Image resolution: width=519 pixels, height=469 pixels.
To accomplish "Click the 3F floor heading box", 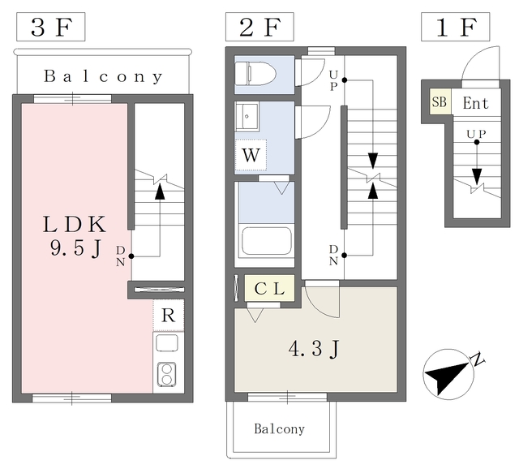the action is click(50, 27).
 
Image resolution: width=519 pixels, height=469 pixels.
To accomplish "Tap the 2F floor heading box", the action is click(259, 27).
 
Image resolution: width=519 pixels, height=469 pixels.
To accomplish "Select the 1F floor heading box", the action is click(455, 27).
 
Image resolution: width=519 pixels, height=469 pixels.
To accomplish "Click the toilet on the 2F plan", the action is click(255, 74).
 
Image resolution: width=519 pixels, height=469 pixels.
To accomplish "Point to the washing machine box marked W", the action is click(251, 155).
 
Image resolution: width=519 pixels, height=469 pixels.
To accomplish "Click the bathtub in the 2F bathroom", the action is click(267, 241).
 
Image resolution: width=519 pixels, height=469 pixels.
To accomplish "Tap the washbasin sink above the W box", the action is click(247, 116).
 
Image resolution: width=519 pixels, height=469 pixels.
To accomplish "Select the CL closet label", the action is click(269, 289).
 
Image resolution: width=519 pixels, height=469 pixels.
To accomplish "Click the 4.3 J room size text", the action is click(314, 349).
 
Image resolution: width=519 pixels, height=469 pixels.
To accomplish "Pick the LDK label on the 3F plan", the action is click(75, 225).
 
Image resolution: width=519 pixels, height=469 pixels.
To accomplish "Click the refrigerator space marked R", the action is click(168, 316).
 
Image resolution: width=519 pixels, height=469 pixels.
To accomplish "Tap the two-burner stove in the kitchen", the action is click(166, 375).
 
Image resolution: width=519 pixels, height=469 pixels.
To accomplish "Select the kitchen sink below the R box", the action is click(167, 343).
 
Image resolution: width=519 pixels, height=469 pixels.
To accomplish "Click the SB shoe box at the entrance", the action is click(440, 101).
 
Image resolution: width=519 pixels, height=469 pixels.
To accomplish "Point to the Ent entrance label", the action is click(476, 103).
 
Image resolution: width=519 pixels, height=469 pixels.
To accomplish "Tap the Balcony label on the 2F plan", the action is click(279, 429).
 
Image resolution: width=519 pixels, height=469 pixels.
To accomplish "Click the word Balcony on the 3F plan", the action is click(103, 76).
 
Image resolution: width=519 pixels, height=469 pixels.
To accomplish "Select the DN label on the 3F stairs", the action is click(121, 256).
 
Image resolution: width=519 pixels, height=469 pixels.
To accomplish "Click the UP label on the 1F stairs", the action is click(476, 134).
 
